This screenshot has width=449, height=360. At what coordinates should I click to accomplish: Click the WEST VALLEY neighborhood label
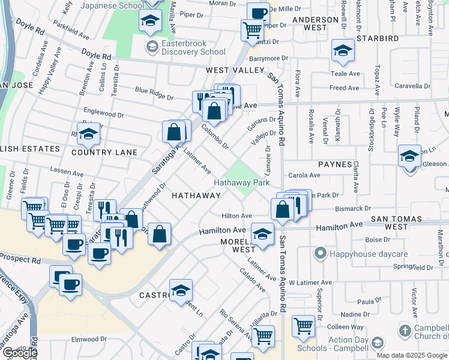(x=235, y=70)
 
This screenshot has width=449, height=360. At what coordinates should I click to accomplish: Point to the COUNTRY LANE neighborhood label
(x=104, y=152)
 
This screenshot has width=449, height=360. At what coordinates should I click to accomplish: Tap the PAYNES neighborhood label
(x=335, y=164)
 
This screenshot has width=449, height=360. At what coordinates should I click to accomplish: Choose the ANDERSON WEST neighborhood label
(x=315, y=23)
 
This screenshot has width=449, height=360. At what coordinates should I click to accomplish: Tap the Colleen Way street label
(x=346, y=327)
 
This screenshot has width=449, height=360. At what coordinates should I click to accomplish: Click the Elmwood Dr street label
(x=89, y=340)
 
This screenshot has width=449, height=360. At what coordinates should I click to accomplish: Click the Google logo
(x=19, y=353)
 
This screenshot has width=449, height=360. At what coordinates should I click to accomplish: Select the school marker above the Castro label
(x=181, y=290)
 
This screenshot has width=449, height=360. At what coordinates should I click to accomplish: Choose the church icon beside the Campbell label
(x=405, y=331)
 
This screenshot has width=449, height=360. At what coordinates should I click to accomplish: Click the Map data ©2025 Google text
(x=412, y=355)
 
